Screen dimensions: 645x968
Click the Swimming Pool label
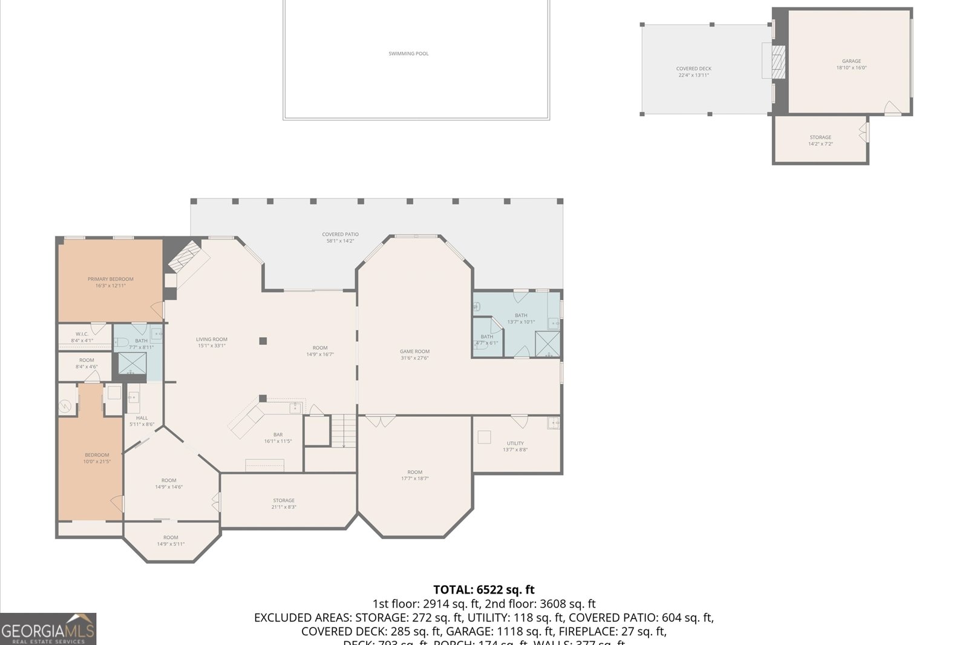point(408,54)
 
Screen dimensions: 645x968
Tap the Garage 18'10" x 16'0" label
point(851,64)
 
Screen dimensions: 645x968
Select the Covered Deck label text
point(693,72)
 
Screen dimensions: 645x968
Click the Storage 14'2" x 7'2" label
point(820,140)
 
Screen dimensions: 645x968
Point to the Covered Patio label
point(340,237)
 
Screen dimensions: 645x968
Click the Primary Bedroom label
point(110,282)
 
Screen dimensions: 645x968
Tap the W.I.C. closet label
point(82,337)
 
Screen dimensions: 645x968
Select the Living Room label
point(211,342)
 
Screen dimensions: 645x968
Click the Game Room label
point(414,354)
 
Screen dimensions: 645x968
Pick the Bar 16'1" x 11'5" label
point(278,437)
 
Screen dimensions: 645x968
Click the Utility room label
point(515,446)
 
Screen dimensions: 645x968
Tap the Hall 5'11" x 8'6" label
point(142,421)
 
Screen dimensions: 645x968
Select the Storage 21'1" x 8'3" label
point(283,503)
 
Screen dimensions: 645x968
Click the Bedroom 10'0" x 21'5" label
point(97,458)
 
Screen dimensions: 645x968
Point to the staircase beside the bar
point(344,430)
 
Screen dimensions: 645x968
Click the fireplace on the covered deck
point(777,62)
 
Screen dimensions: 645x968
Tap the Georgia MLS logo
point(48,629)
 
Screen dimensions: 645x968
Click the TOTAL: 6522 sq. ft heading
point(483,589)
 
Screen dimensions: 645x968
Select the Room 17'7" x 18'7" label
point(414,475)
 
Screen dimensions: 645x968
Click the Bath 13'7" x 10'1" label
point(521,318)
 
